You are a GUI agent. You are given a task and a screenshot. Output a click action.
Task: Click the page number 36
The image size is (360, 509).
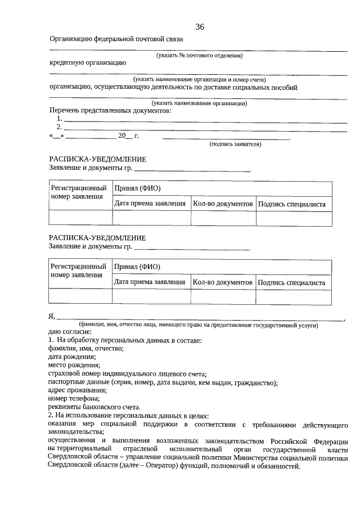200,27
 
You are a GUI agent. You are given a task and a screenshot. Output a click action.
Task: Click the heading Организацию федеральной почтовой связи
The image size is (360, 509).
116,39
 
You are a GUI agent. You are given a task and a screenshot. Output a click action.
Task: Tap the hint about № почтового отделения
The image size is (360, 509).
199,56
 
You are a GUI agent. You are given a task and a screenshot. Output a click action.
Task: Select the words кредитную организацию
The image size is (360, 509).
88,63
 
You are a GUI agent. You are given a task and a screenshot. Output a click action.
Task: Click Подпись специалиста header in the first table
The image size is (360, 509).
292,204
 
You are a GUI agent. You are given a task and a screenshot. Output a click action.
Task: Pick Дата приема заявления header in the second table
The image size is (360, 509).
150,282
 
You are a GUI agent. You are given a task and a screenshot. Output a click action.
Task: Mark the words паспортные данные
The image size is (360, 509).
78,382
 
